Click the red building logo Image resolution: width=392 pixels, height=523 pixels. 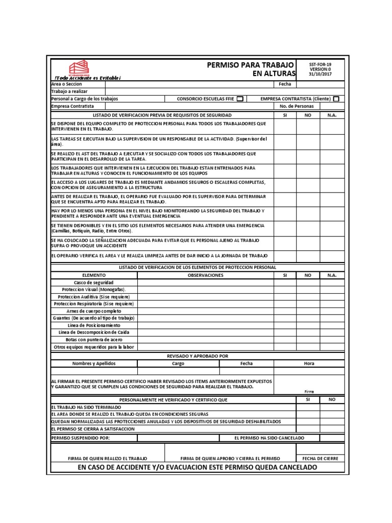click(79, 68)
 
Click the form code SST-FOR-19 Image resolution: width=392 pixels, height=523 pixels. click(320, 64)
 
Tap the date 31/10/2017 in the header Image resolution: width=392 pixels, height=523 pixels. click(320, 74)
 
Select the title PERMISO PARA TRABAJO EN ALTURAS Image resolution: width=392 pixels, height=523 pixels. click(251, 69)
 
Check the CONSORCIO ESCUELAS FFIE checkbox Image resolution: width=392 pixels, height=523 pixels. click(240, 99)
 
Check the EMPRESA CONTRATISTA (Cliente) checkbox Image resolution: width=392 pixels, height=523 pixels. click(336, 99)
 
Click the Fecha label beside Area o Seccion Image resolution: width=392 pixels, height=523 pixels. click(284, 84)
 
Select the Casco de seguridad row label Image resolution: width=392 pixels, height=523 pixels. click(94, 282)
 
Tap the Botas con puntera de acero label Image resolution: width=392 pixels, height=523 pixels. click(94, 340)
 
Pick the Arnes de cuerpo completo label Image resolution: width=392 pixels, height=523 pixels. click(94, 311)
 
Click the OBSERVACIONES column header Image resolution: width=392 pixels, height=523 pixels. click(206, 275)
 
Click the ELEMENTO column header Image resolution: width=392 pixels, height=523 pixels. click(94, 275)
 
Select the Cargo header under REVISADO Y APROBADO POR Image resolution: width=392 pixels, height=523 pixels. click(178, 364)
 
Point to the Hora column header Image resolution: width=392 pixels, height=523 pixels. click(309, 364)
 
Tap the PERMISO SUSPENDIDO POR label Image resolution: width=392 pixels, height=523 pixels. click(81, 438)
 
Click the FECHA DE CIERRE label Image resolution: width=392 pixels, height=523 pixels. click(320, 459)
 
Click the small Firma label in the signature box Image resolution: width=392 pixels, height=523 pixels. click(309, 391)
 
